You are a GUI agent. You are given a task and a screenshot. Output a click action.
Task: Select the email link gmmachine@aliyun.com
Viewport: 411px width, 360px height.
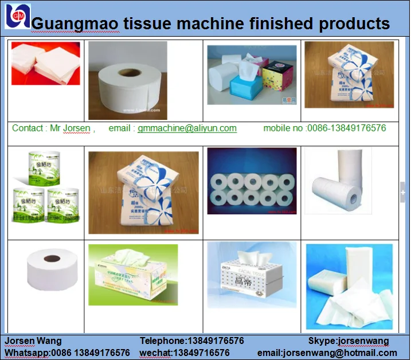click(x=187, y=128)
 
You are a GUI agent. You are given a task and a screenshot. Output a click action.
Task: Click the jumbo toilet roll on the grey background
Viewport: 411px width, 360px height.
click(x=127, y=80)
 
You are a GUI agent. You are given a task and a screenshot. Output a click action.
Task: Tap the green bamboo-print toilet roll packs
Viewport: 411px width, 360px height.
click(x=46, y=186)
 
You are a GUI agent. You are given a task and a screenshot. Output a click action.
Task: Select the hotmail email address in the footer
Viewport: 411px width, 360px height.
click(x=327, y=353)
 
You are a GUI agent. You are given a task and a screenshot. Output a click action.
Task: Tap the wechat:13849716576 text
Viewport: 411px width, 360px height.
click(x=185, y=353)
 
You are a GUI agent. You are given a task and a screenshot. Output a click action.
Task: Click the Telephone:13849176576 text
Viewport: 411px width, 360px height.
click(x=191, y=341)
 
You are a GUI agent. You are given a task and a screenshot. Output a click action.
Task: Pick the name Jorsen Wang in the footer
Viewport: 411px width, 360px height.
click(x=33, y=341)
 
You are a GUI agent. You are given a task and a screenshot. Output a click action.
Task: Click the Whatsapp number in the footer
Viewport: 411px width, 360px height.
click(x=67, y=353)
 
